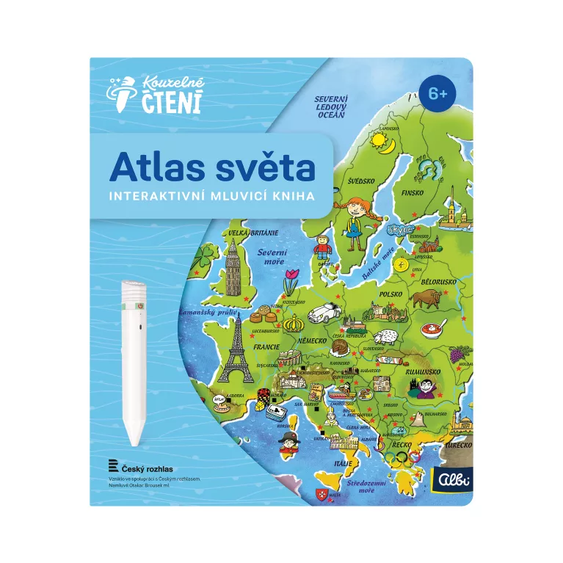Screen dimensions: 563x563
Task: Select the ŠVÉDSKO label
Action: (x=361, y=180)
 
